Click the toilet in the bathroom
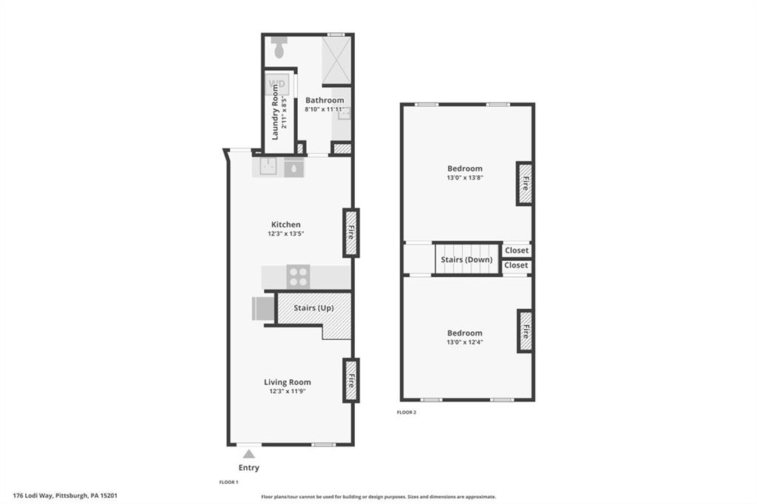click(279, 48)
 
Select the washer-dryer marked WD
click(276, 84)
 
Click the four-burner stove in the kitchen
click(299, 276)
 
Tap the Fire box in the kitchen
click(351, 232)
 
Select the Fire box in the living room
click(351, 380)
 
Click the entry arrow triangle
click(249, 454)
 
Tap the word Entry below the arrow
click(249, 468)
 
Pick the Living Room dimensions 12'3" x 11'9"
click(288, 392)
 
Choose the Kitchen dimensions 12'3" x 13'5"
click(286, 234)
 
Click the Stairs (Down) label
click(466, 259)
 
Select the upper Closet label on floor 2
click(516, 251)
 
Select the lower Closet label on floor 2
click(516, 265)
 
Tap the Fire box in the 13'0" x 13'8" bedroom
click(525, 183)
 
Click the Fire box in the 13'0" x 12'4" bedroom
click(525, 330)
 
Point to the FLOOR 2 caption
click(407, 412)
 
